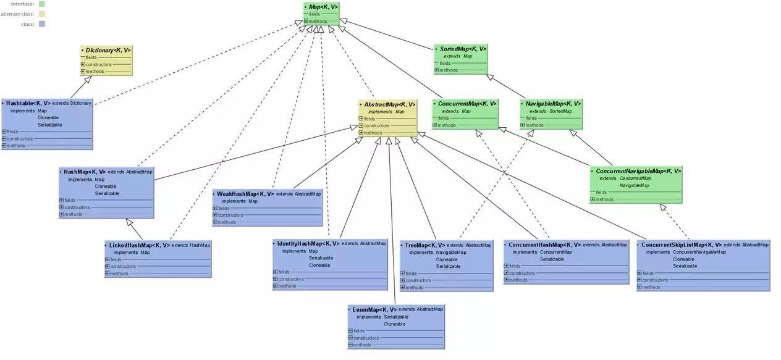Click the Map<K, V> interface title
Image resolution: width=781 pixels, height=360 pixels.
pyautogui.click(x=323, y=7)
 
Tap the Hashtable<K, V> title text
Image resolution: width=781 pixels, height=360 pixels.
pyautogui.click(x=28, y=103)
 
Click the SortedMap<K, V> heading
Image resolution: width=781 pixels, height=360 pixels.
pyautogui.click(x=463, y=49)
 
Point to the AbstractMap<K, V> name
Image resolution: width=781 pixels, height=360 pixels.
pyautogui.click(x=389, y=104)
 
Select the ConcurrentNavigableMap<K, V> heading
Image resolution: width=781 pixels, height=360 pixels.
pyautogui.click(x=638, y=171)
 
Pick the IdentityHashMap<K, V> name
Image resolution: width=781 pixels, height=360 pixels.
pyautogui.click(x=308, y=244)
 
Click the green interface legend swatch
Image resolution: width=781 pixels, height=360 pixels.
pyautogui.click(x=42, y=4)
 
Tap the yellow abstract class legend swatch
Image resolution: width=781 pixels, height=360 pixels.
pyautogui.click(x=42, y=14)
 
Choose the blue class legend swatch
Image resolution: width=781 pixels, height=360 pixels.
pyautogui.click(x=42, y=24)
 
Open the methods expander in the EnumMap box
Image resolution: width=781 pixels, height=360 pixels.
pyautogui.click(x=350, y=345)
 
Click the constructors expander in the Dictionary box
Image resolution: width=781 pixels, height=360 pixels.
pyautogui.click(x=83, y=64)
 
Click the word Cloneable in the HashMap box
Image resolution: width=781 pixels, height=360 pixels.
pyautogui.click(x=106, y=186)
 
